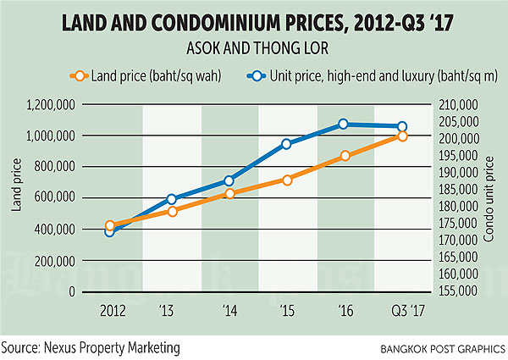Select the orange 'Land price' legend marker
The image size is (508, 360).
(80, 75)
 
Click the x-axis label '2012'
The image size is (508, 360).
(113, 311)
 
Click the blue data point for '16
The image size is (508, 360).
(344, 124)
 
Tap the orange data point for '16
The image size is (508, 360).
(345, 156)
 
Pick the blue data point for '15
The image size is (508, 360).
(287, 143)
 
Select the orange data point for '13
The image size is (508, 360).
(172, 211)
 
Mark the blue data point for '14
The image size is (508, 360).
(229, 180)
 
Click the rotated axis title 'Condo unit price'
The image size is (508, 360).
(489, 197)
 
